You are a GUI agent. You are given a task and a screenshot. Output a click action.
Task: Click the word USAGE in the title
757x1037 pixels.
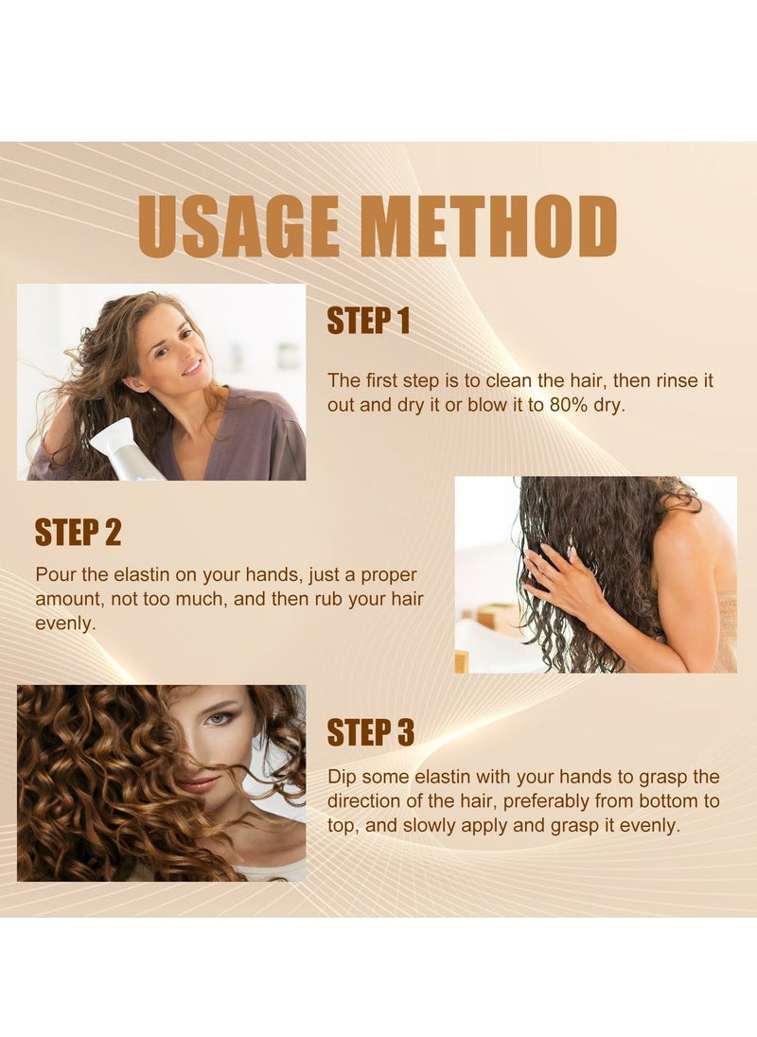pyautogui.click(x=240, y=227)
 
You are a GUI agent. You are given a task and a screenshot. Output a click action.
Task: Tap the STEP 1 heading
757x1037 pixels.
pyautogui.click(x=368, y=322)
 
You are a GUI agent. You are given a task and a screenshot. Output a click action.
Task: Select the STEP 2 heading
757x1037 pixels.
pyautogui.click(x=78, y=532)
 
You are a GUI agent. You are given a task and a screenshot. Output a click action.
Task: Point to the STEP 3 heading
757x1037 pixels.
pyautogui.click(x=370, y=732)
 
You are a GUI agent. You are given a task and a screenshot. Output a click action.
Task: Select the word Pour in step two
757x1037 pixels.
pyautogui.click(x=53, y=575)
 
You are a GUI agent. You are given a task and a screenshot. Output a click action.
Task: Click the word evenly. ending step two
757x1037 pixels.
pyautogui.click(x=65, y=624)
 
